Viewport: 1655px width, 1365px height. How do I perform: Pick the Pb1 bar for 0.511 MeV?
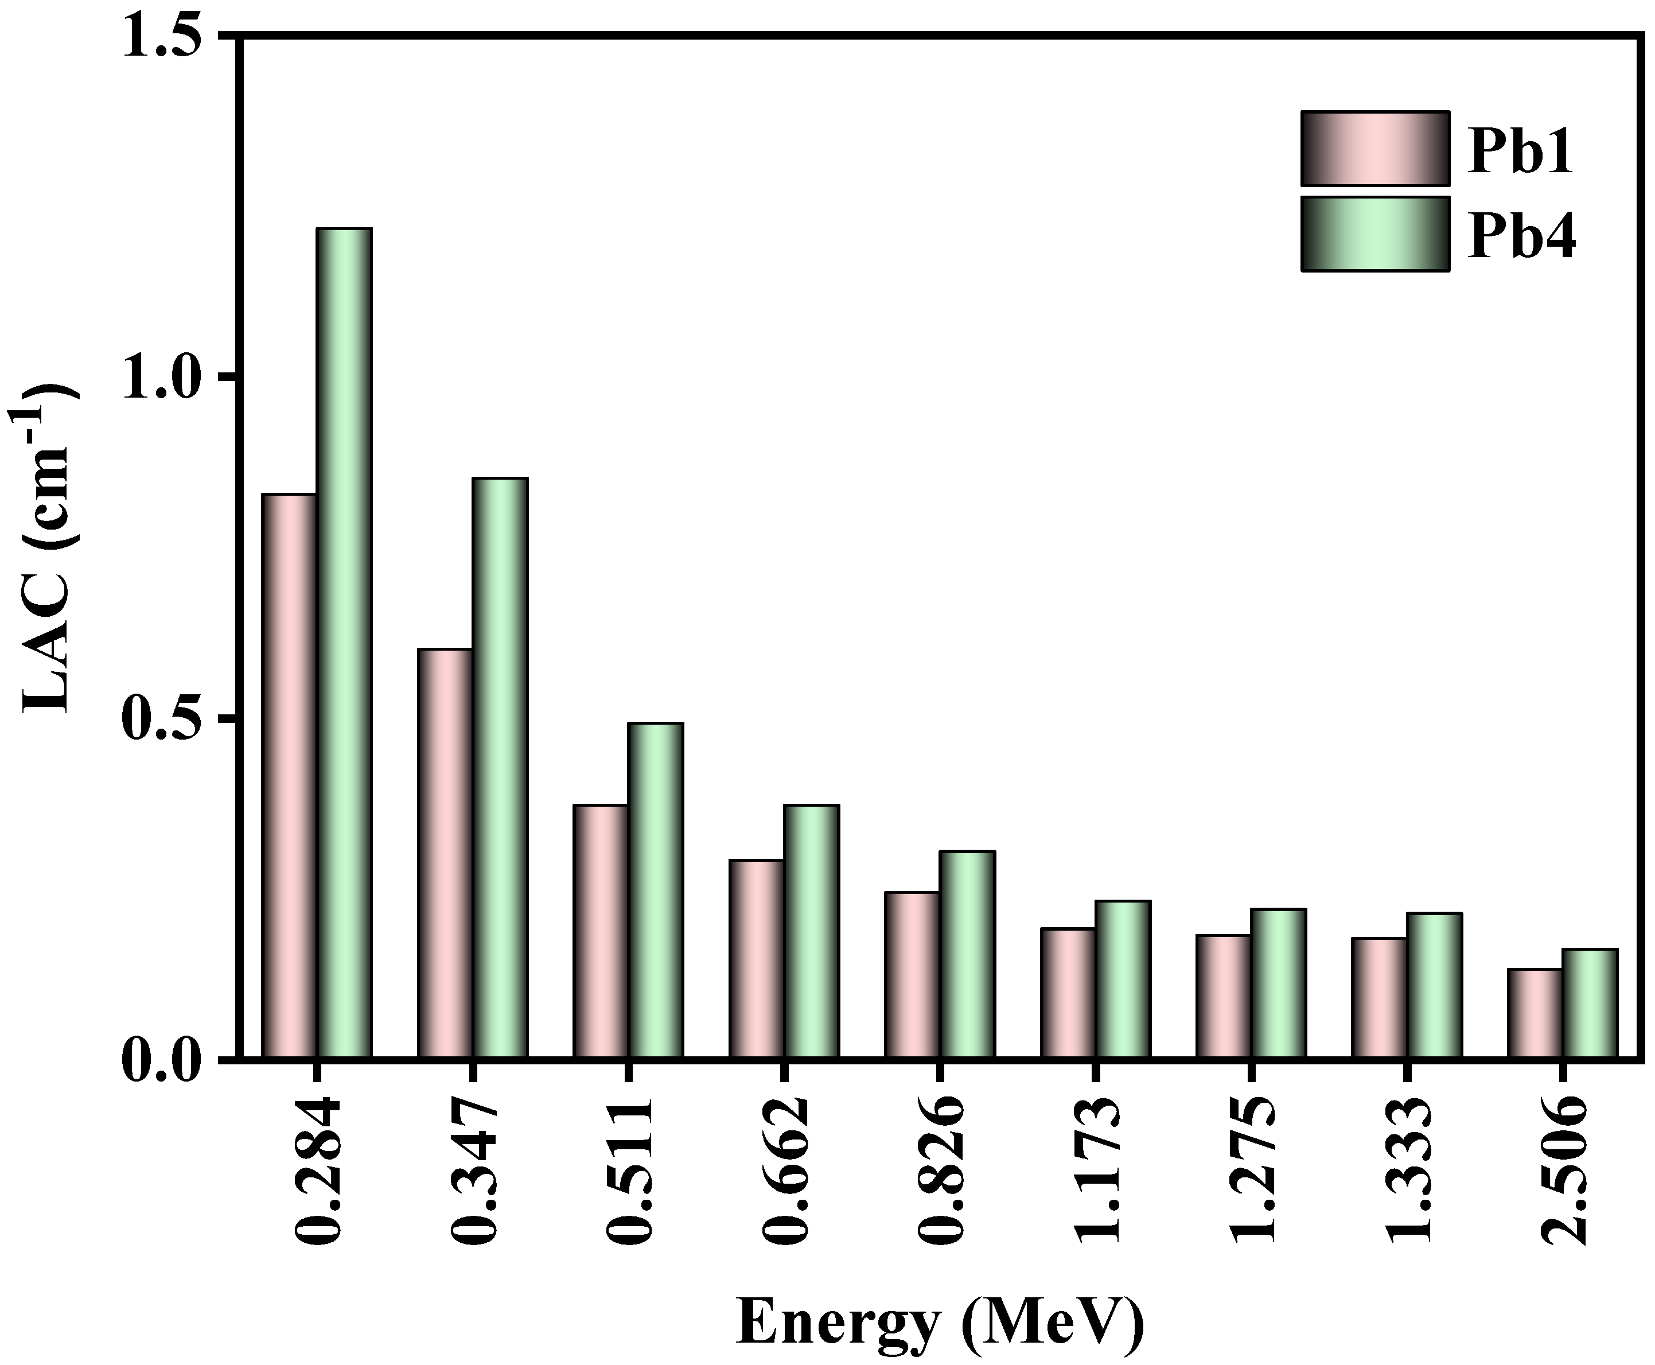click(x=601, y=932)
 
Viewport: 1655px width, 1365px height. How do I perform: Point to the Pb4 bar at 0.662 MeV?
click(x=811, y=932)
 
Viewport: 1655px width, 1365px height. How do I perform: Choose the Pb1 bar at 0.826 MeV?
click(x=912, y=975)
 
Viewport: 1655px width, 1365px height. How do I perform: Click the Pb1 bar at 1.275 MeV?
click(x=1224, y=997)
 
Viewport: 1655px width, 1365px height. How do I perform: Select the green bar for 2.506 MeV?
click(x=1590, y=1004)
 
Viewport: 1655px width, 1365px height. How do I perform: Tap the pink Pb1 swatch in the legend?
click(x=1374, y=149)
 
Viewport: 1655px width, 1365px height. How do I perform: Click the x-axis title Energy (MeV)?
click(x=940, y=1323)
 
